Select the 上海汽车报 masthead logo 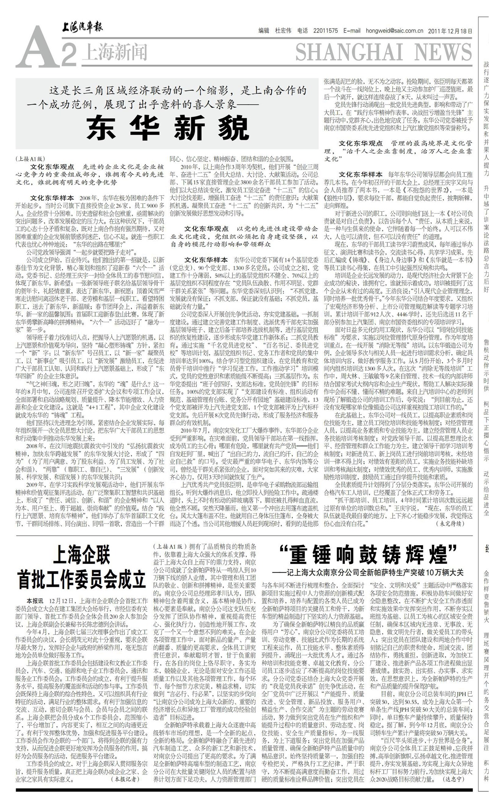point(83,28)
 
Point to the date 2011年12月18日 point(450,31)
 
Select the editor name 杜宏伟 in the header point(283,31)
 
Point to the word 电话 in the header point(303,31)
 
